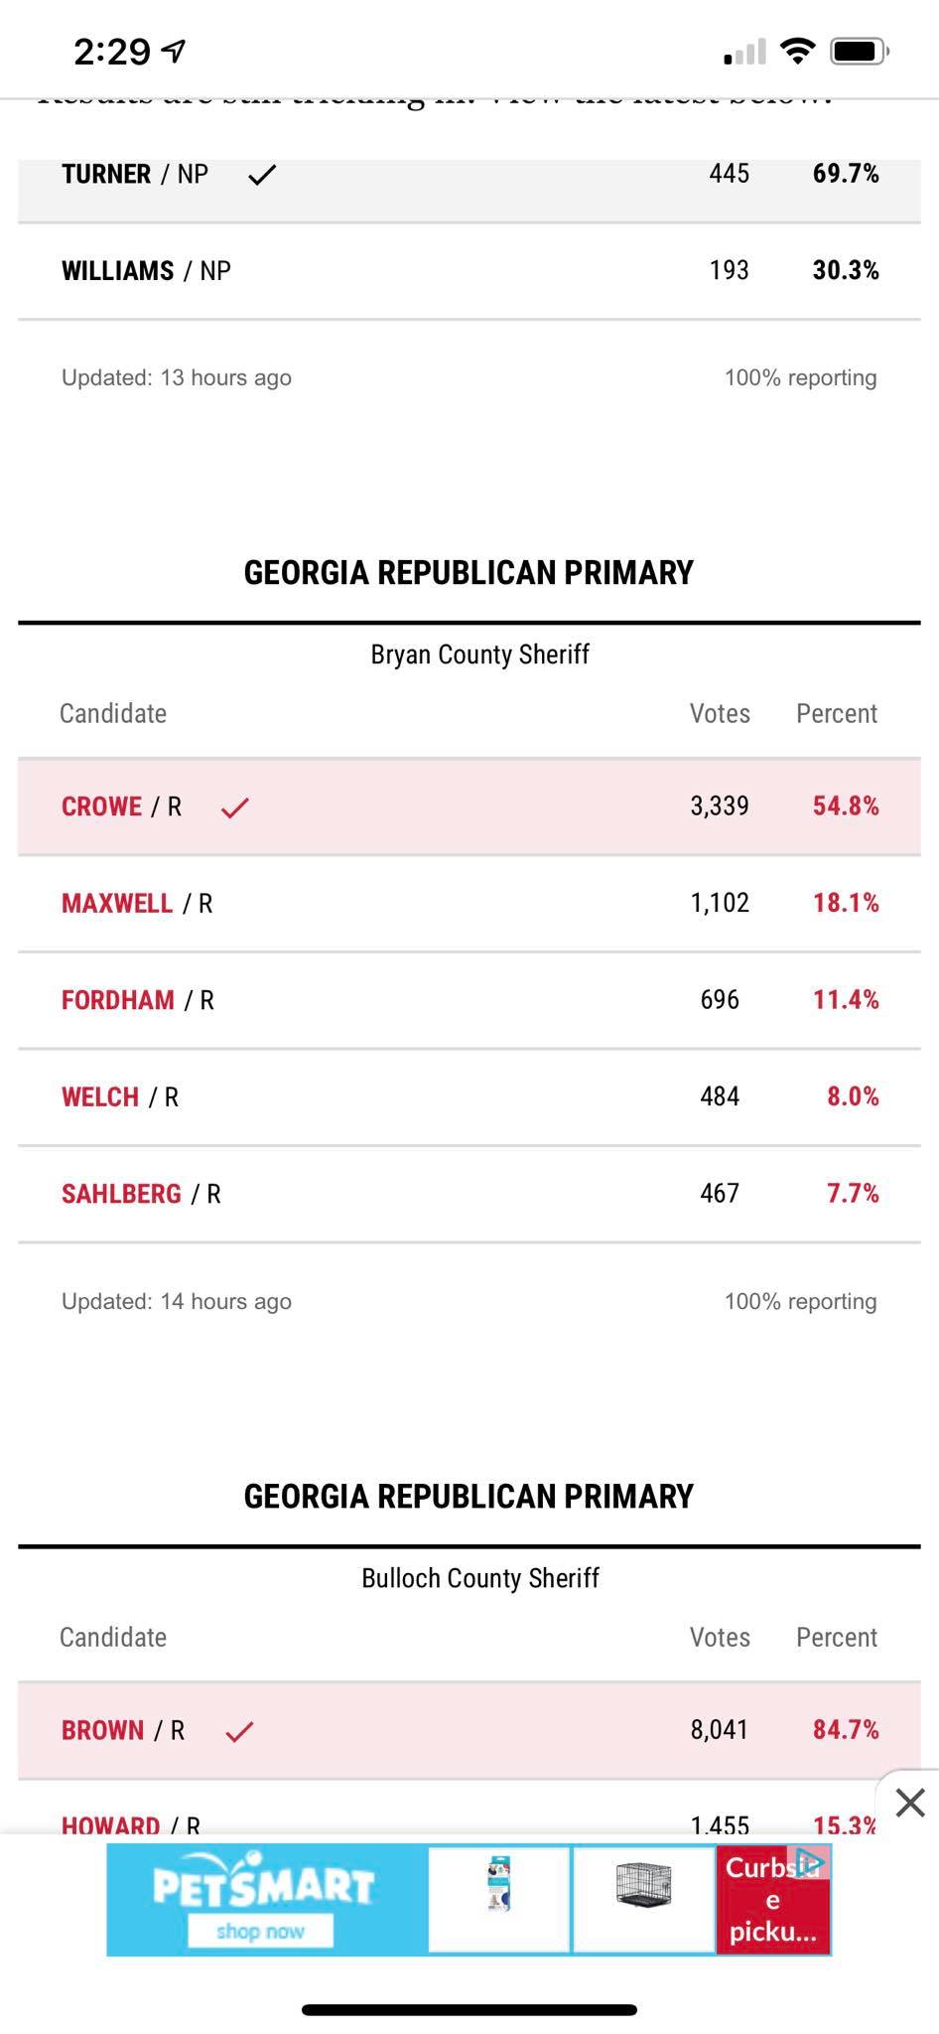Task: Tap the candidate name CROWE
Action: pyautogui.click(x=101, y=806)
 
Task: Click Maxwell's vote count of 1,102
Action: pyautogui.click(x=720, y=903)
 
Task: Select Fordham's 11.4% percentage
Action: pyautogui.click(x=846, y=1000)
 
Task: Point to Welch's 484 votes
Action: pyautogui.click(x=720, y=1096)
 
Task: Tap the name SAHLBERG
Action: pyautogui.click(x=121, y=1194)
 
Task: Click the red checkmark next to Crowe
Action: pyautogui.click(x=235, y=807)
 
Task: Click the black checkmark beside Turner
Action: pyautogui.click(x=262, y=176)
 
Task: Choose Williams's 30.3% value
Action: pyautogui.click(x=846, y=270)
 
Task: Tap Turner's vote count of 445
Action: pyautogui.click(x=729, y=174)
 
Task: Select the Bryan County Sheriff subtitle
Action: pyautogui.click(x=480, y=654)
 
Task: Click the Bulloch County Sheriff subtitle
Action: pyautogui.click(x=480, y=1578)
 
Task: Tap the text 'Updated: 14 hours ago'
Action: pyautogui.click(x=177, y=1301)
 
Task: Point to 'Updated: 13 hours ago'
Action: pyautogui.click(x=177, y=377)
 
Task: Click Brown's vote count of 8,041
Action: pyautogui.click(x=720, y=1730)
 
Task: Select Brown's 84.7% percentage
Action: pyautogui.click(x=846, y=1730)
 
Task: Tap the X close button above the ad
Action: pyautogui.click(x=909, y=1802)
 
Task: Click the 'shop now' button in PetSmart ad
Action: pyautogui.click(x=260, y=1932)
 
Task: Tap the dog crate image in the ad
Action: pyautogui.click(x=643, y=1885)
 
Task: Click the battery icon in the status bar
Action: pyautogui.click(x=858, y=51)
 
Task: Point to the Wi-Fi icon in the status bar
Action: pyautogui.click(x=796, y=51)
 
